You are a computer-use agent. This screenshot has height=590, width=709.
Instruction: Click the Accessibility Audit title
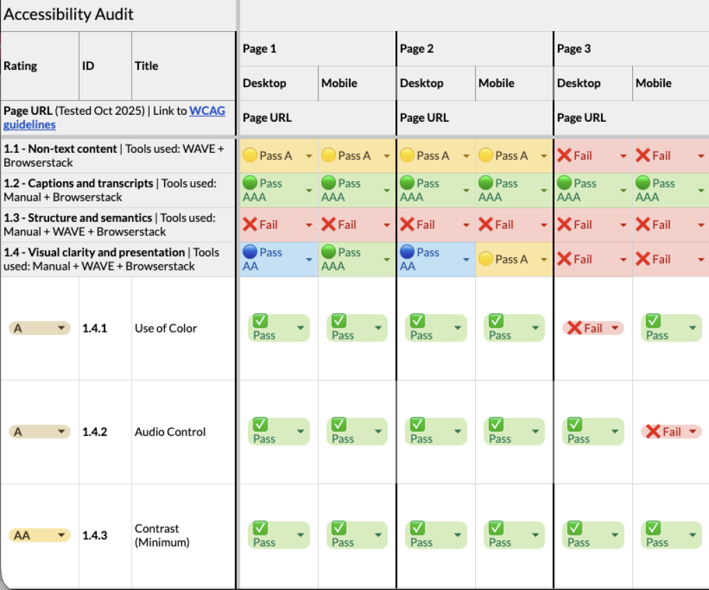tap(69, 15)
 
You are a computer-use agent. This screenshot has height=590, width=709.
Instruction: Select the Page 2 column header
tap(412, 48)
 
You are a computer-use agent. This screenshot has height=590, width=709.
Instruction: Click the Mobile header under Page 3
tap(653, 83)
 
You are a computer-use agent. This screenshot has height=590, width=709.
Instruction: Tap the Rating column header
tap(21, 66)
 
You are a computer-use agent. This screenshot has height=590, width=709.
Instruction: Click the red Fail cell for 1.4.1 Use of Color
tap(593, 329)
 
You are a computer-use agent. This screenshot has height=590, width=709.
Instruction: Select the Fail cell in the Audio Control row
tap(671, 432)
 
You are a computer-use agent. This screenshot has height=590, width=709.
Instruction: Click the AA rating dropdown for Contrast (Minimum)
tap(39, 535)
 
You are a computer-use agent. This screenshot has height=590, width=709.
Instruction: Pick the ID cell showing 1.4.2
tap(95, 432)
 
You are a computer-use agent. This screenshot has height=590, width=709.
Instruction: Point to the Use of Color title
tap(165, 329)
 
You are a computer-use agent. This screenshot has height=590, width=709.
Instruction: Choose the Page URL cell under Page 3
tap(582, 118)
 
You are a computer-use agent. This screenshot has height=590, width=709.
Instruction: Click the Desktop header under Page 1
tap(264, 83)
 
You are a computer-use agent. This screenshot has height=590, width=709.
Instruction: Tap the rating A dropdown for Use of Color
tap(39, 329)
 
